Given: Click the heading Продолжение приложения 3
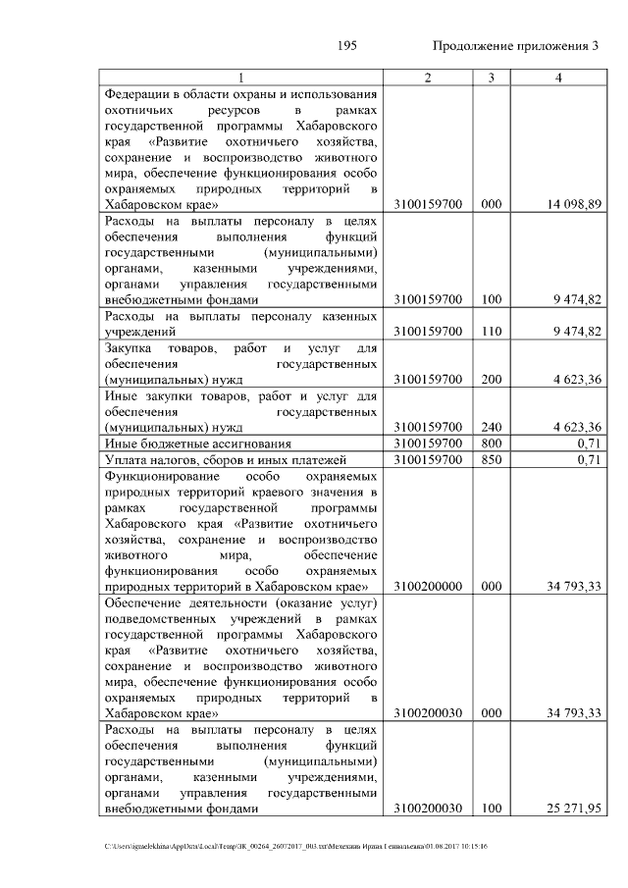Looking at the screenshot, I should (x=515, y=47).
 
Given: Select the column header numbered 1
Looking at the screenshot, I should (x=241, y=78).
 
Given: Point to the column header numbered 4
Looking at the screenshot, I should (x=558, y=78).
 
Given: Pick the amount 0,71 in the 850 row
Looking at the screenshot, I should (x=589, y=459).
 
